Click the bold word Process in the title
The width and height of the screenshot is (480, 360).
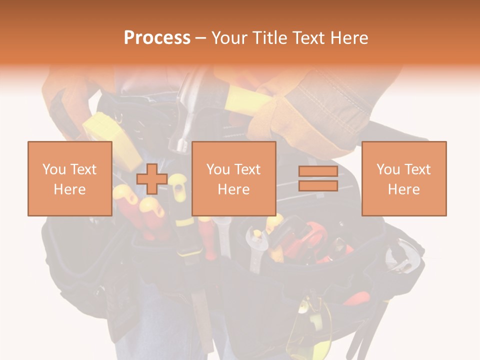[x=157, y=38]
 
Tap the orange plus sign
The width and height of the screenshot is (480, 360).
[x=152, y=178]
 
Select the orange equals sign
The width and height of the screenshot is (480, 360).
[x=318, y=178]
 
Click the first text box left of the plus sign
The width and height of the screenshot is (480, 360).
[x=69, y=178]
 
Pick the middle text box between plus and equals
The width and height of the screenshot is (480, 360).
[x=233, y=178]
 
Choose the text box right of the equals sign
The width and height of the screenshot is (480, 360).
[x=403, y=178]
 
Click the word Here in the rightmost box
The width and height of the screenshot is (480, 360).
[x=403, y=189]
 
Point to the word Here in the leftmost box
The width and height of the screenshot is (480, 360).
[x=69, y=189]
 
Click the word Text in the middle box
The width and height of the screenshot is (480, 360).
[x=247, y=169]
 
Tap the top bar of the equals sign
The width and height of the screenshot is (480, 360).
[x=318, y=171]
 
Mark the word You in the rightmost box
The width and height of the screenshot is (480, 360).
[x=388, y=169]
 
